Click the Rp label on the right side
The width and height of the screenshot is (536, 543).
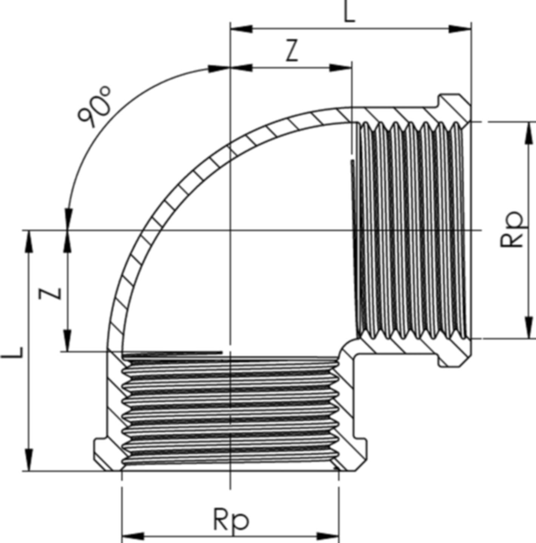tap(512, 229)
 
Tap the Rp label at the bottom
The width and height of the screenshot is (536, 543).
tap(231, 520)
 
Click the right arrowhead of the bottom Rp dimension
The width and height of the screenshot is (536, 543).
tap(328, 536)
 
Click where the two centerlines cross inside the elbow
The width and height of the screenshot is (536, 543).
tap(230, 230)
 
